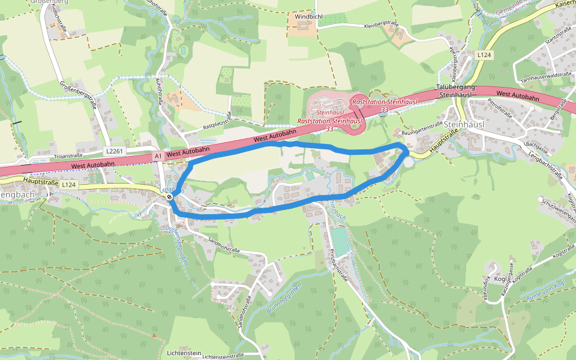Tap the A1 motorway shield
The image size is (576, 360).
click(158, 156)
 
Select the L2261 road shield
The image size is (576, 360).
click(116, 151)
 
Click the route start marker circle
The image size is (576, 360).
click(170, 196)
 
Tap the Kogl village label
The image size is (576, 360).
click(500, 280)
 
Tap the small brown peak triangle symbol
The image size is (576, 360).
click(154, 335)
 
